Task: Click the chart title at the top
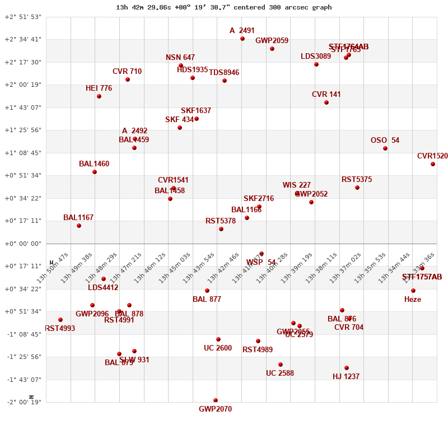tap(224, 7)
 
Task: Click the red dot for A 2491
tap(242, 39)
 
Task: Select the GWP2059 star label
tap(272, 41)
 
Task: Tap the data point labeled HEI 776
tap(99, 96)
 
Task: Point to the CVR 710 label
tap(127, 72)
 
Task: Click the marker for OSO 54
tap(385, 148)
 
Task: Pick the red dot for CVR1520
tap(433, 164)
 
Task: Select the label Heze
tap(413, 300)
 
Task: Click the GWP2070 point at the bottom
tap(216, 400)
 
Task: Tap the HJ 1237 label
tap(346, 377)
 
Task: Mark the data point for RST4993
tap(60, 320)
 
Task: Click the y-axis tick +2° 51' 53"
tap(23, 17)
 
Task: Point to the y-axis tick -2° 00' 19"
tap(23, 402)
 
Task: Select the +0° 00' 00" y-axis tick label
tap(23, 244)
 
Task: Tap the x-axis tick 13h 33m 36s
tap(419, 268)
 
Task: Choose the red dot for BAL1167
tap(79, 226)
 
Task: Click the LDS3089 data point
tap(316, 64)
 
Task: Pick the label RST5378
tap(221, 221)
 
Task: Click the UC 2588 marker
tap(281, 365)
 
